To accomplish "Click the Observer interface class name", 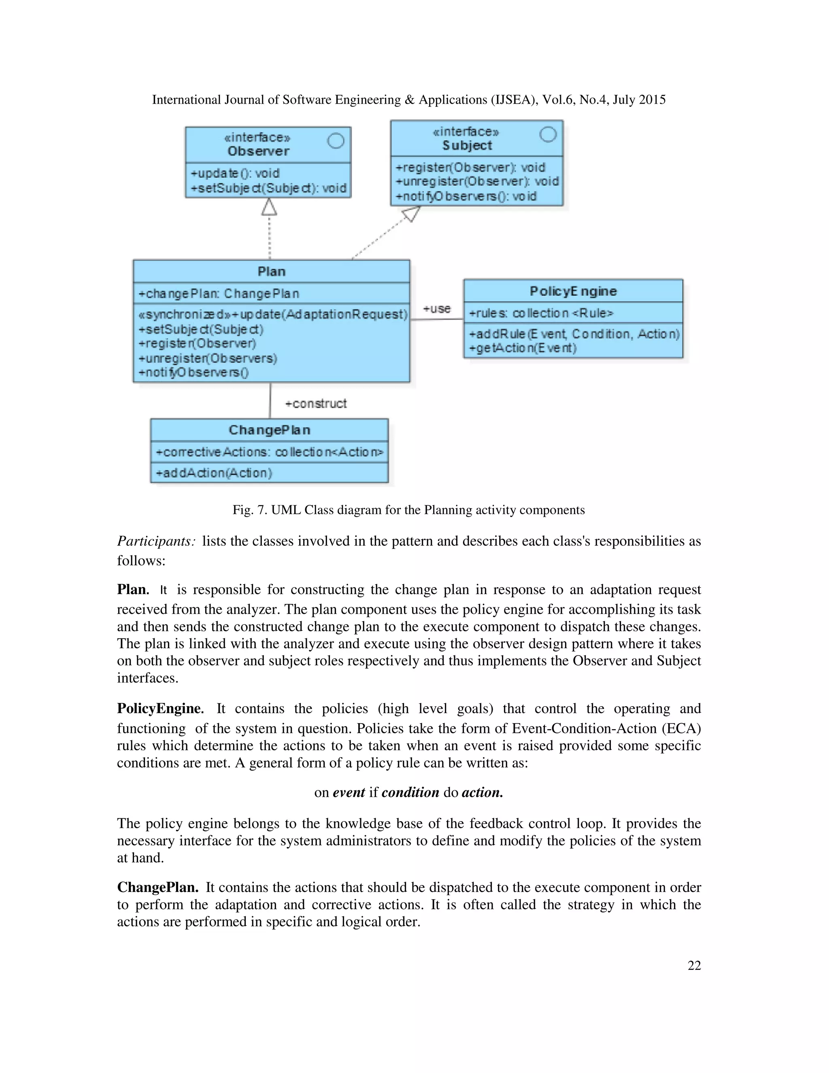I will [258, 151].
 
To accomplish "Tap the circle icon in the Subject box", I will [548, 134].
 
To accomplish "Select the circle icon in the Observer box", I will [336, 141].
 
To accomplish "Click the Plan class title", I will [271, 272].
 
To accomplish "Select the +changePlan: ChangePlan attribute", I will [219, 294].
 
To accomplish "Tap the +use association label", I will [437, 309].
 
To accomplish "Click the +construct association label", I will [316, 404].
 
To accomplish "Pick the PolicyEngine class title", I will [573, 292].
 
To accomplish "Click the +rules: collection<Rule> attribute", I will [541, 313].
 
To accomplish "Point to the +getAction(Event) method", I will [523, 348].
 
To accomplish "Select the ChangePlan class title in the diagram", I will [269, 430].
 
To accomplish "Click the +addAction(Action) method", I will [214, 473].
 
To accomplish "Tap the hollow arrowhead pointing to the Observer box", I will [269, 207].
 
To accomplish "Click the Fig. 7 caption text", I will [408, 510].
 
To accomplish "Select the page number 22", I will [694, 965].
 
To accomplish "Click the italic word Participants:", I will [156, 541].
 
